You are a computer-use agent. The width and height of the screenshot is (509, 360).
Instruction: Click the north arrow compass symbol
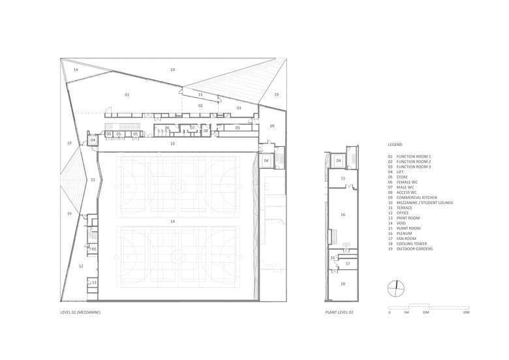396,288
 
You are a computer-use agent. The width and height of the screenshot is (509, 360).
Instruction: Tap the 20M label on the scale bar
466,312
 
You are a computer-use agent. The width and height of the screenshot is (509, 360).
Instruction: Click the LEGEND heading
395,145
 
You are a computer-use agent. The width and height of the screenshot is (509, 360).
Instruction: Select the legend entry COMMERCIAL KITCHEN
416,198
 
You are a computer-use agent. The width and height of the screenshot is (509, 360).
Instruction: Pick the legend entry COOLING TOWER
411,243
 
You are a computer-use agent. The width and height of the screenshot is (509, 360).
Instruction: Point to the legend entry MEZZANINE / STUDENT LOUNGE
425,203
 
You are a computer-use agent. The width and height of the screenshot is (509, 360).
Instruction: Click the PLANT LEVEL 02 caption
339,312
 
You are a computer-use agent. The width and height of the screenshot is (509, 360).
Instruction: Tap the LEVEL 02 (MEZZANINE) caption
80,312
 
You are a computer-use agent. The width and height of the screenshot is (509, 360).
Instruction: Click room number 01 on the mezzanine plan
127,95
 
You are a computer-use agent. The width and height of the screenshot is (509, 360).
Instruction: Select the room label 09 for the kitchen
272,126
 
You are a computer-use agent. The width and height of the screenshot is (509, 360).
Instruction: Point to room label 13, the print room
94,282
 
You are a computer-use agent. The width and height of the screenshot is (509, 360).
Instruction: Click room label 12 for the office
81,266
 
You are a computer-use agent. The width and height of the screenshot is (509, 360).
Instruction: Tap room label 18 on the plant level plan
343,284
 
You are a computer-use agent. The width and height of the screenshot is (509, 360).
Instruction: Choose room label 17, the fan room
348,263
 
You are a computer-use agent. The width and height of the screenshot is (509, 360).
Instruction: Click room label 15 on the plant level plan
343,179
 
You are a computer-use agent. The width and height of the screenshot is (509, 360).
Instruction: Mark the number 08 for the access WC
206,130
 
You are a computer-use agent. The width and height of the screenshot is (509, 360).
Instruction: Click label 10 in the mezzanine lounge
173,143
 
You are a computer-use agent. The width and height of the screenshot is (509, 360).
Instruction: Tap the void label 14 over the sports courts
173,221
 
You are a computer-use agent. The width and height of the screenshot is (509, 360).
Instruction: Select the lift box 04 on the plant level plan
339,160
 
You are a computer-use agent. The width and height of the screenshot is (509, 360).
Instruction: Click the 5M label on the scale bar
407,312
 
